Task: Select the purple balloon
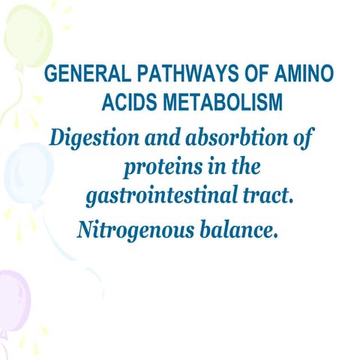point(13,300)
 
